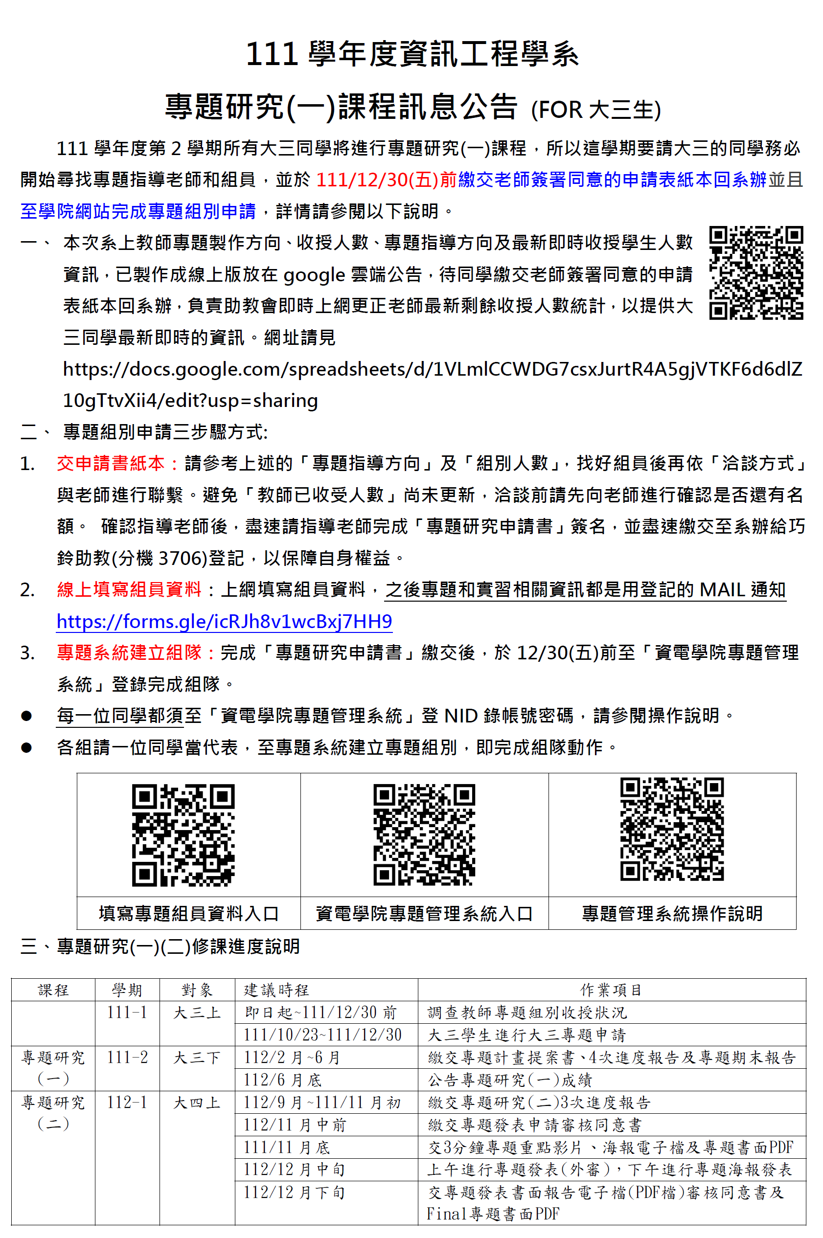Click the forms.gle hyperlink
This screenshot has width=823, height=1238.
coord(224,621)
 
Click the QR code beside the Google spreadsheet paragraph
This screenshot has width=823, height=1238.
coord(756,272)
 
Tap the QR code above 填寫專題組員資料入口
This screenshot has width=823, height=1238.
coord(183,835)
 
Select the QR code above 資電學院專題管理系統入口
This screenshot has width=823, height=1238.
coord(424,835)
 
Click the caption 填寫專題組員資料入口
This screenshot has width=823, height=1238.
coord(188,913)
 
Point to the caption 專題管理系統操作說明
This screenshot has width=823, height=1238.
coord(672,913)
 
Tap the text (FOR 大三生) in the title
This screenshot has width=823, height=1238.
coord(596,110)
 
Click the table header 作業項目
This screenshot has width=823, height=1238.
coord(612,990)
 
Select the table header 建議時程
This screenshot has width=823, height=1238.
coord(276,990)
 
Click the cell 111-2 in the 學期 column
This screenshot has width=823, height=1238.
coord(127,1057)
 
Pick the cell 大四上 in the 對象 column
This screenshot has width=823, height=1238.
coord(197,1102)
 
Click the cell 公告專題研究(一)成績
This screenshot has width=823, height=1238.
coord(510,1080)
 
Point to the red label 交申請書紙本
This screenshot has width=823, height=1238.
coord(111,463)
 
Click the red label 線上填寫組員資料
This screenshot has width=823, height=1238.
coord(129,589)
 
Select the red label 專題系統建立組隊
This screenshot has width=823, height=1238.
coord(129,653)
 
